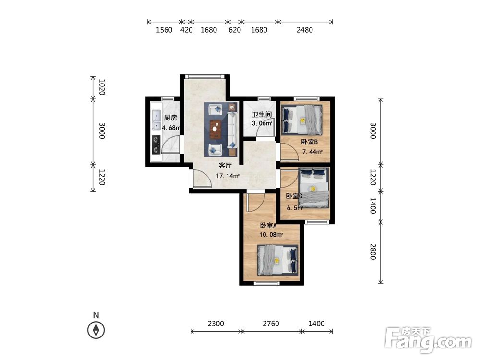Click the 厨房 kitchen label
(x=170, y=118)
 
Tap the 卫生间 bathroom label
(x=262, y=115)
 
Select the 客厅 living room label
(x=225, y=166)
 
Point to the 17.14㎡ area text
(x=228, y=176)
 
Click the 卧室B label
(x=309, y=142)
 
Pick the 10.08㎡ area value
(x=271, y=235)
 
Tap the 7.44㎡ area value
(x=312, y=152)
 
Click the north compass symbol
(x=96, y=330)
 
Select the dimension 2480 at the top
(x=305, y=30)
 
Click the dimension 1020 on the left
(x=102, y=87)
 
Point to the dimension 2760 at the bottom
(x=271, y=324)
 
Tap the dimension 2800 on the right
(x=372, y=252)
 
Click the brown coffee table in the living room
(x=216, y=129)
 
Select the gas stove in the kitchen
(x=156, y=145)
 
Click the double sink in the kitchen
(x=156, y=120)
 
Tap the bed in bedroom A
(x=277, y=260)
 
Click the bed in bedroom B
(x=302, y=120)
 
